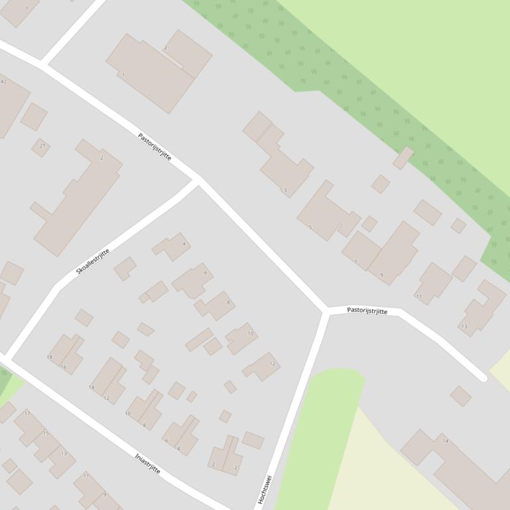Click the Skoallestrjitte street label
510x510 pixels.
coord(92,262)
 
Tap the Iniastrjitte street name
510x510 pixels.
coord(147,464)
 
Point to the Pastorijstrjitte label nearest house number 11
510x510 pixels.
coord(367,310)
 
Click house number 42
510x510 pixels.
coord(3,81)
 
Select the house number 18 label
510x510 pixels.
coord(49,357)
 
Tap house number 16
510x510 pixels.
coord(64,367)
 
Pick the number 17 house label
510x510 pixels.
coord(27,413)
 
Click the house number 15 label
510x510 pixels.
coord(46,433)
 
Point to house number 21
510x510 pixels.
coord(42,146)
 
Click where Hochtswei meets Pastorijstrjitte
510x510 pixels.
coord(326,310)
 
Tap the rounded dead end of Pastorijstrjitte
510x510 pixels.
coord(484,378)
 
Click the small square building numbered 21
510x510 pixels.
coord(40,147)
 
